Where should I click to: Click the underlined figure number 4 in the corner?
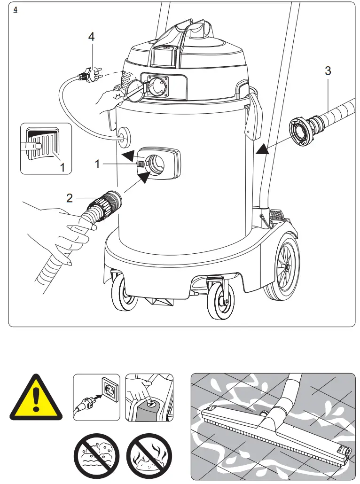tap(16, 9)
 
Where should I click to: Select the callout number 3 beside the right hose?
tap(328, 71)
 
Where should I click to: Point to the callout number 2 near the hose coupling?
tap(70, 198)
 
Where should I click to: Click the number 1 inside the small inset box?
tap(62, 167)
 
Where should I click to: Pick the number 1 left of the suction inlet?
tap(97, 164)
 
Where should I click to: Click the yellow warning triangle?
tap(36, 398)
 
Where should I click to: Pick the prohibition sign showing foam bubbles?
tap(96, 456)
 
